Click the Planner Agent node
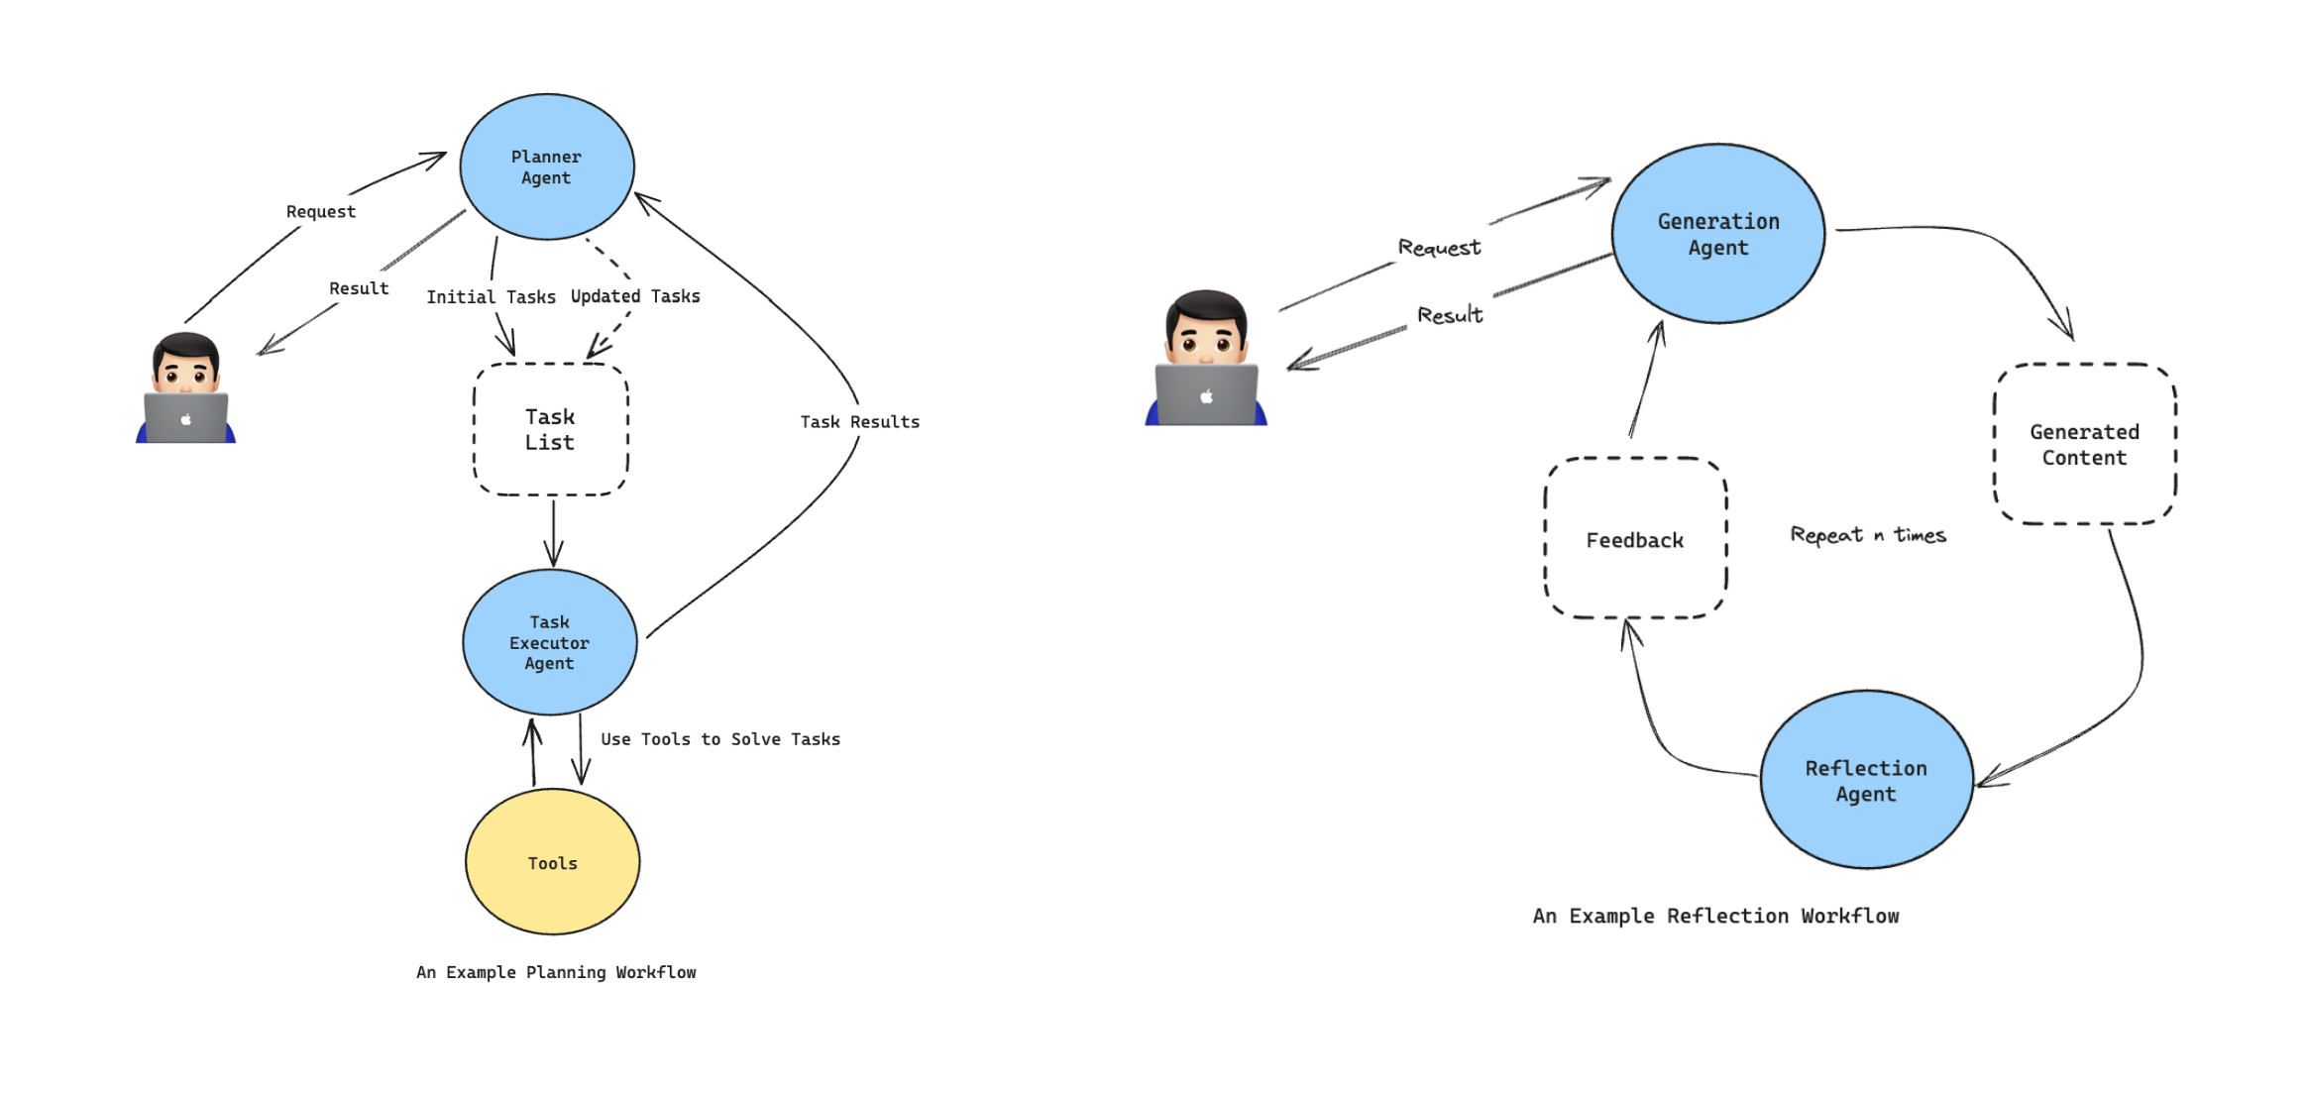(546, 166)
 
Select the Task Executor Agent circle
(549, 642)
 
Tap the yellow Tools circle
(552, 862)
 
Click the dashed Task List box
(550, 429)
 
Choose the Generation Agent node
(1717, 234)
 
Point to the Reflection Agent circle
(1865, 780)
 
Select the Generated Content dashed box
(2083, 445)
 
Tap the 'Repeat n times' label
(1867, 535)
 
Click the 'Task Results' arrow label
(859, 422)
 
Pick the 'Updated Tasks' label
(634, 296)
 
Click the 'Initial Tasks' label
(491, 297)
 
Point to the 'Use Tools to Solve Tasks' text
(719, 739)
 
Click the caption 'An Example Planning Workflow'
(556, 972)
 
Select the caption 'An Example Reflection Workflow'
(1715, 916)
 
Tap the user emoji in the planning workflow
(185, 388)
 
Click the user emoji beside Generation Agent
(1206, 359)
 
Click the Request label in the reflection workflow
(1439, 247)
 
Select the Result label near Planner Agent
(359, 288)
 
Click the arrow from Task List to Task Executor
(553, 533)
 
